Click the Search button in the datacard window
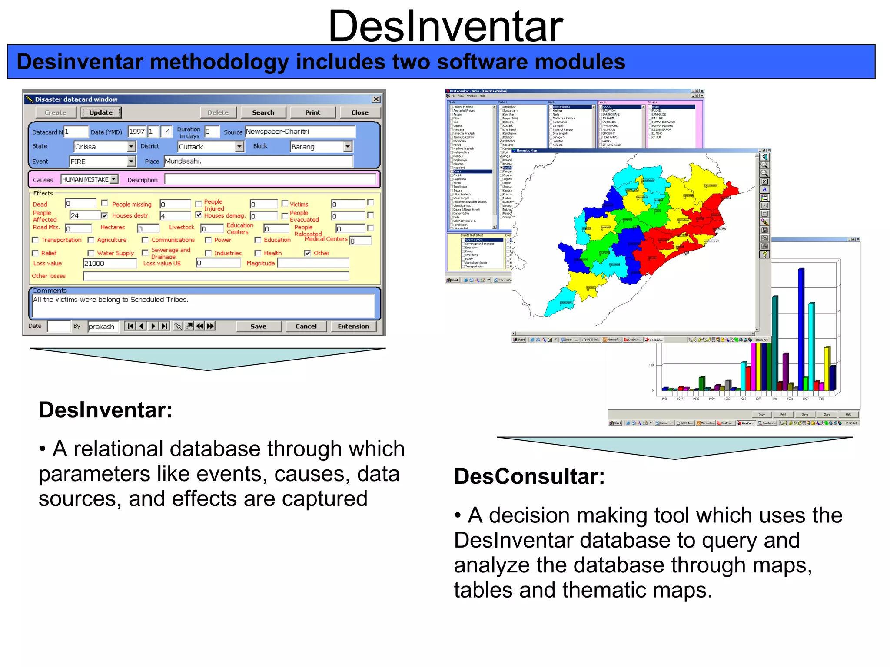263,112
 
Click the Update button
101,112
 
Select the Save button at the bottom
258,327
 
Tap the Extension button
353,327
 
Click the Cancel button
306,327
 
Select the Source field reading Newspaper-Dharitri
300,132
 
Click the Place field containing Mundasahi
258,161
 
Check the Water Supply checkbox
91,253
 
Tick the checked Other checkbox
307,253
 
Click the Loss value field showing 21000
110,263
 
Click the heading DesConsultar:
529,477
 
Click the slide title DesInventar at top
445,26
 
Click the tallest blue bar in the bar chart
800,330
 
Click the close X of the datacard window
376,99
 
